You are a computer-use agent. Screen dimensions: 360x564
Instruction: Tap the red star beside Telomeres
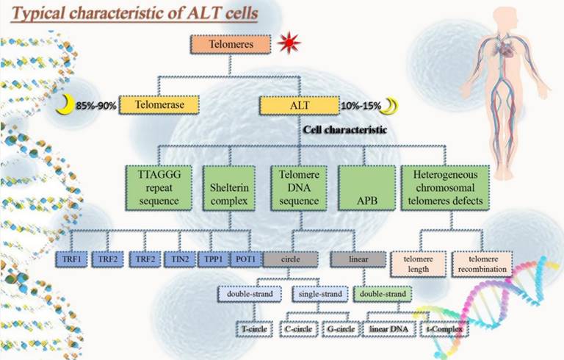click(x=289, y=44)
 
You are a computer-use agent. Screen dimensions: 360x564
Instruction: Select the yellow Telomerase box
click(x=162, y=106)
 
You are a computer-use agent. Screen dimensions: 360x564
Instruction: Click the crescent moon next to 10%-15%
click(x=392, y=106)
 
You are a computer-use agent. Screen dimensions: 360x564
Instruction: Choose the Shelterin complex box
click(x=228, y=187)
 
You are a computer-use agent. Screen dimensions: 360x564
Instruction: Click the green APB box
click(x=365, y=187)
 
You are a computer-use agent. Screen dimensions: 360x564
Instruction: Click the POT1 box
click(x=244, y=259)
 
